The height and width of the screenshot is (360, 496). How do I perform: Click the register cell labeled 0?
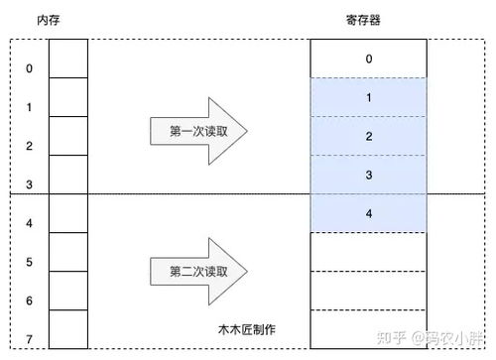pos(369,59)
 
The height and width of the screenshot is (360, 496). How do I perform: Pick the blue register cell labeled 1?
pos(369,97)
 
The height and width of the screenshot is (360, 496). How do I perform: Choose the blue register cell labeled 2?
pos(369,136)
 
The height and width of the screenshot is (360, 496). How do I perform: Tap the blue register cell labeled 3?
pos(369,175)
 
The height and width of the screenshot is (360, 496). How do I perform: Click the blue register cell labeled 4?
pos(369,213)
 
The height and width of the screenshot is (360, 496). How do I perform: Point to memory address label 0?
pos(28,68)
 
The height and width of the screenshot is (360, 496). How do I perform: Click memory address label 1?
pos(28,107)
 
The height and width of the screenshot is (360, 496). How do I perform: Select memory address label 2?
pos(28,146)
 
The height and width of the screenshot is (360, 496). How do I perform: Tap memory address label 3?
pos(28,184)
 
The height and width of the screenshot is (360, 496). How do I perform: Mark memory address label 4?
pos(28,223)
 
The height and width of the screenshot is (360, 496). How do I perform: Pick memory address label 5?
pos(28,262)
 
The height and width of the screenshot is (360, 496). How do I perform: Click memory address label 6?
pos(28,300)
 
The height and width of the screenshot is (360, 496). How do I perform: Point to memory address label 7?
pos(28,339)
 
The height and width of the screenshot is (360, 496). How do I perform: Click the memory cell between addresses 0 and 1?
pos(67,87)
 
